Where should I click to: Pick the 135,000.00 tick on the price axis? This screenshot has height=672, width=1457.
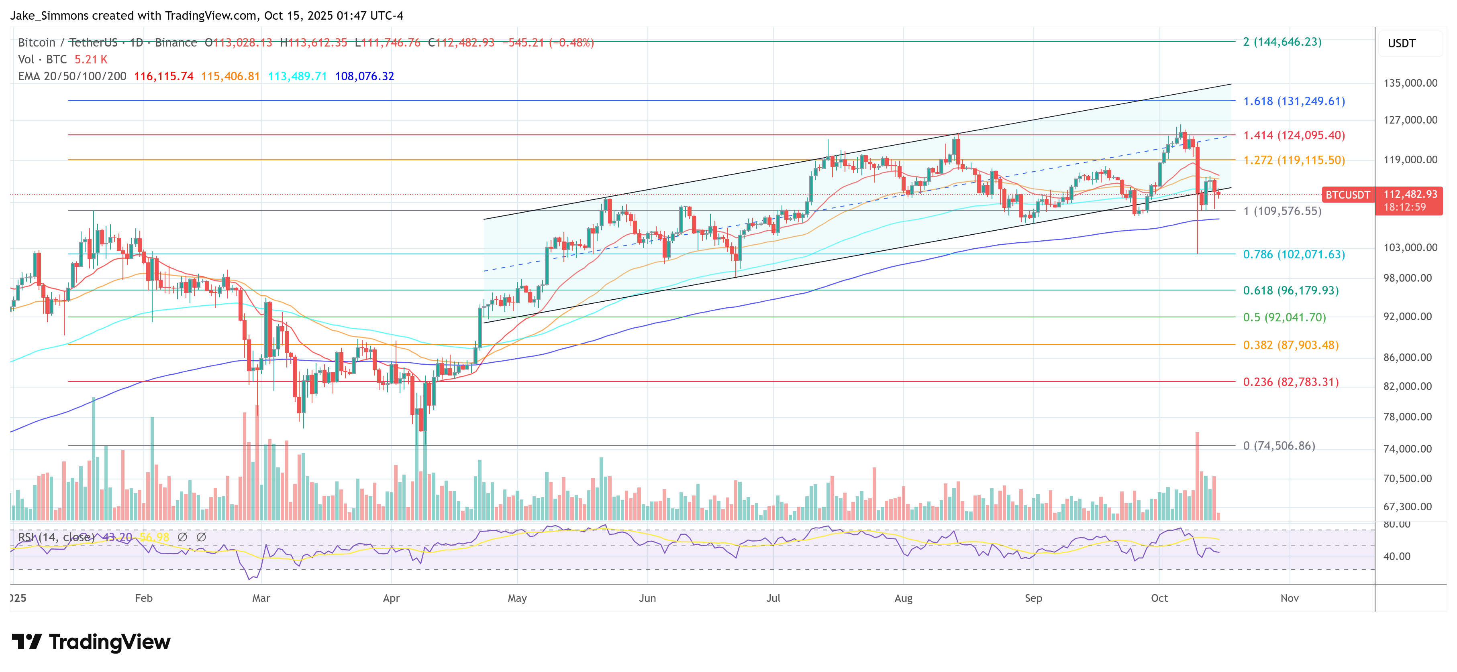(1410, 83)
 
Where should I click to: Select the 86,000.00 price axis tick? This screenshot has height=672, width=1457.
(1407, 357)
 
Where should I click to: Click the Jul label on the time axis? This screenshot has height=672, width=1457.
(773, 598)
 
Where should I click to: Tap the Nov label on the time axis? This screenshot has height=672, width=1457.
(1289, 598)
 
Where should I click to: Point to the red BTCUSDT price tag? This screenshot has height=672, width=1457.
(1347, 195)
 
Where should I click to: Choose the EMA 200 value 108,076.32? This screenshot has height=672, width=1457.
(364, 76)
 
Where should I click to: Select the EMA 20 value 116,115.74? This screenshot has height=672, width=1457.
(163, 76)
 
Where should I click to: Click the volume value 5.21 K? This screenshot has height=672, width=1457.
(90, 59)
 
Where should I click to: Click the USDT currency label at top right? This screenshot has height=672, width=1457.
(1401, 43)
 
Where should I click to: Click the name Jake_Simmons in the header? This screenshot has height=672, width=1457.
(50, 16)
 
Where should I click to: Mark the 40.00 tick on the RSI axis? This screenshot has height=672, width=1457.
(1396, 556)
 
